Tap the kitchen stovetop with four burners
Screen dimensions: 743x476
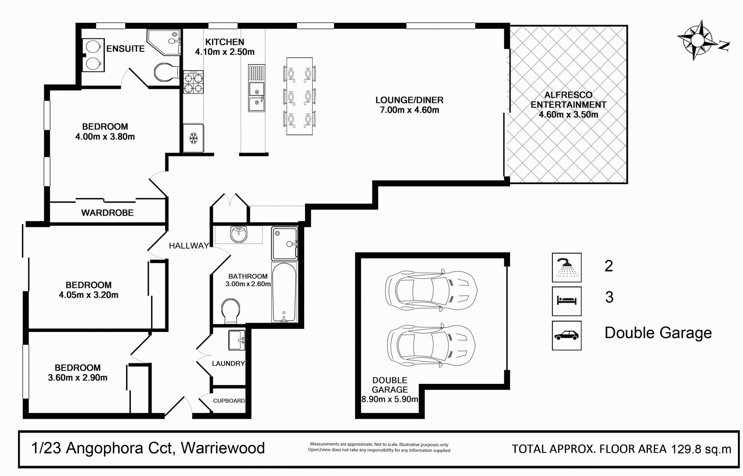(x=193, y=82)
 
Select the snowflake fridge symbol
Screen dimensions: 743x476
(x=193, y=138)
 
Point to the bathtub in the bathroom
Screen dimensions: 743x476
(x=284, y=292)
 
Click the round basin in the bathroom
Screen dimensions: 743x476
(x=238, y=234)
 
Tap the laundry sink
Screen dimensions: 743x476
(x=236, y=340)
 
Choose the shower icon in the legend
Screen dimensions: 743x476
(x=567, y=267)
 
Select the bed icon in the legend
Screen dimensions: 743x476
(x=567, y=301)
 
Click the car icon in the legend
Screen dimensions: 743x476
(x=567, y=335)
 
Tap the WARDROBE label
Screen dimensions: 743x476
(x=107, y=213)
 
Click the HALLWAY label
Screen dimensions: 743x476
(x=189, y=246)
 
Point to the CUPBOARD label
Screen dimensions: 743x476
(x=229, y=401)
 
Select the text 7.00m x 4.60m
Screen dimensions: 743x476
(x=409, y=110)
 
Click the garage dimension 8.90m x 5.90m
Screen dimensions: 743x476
(x=390, y=399)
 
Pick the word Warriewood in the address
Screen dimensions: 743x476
(x=223, y=448)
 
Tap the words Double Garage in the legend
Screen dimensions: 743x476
(x=658, y=333)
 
